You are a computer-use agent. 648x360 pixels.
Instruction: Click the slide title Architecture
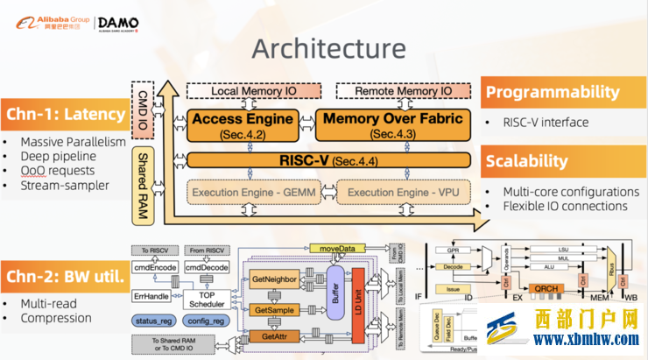coord(328,49)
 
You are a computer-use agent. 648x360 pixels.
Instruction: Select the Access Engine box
coord(241,124)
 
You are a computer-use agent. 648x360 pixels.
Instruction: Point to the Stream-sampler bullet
coord(65,186)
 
